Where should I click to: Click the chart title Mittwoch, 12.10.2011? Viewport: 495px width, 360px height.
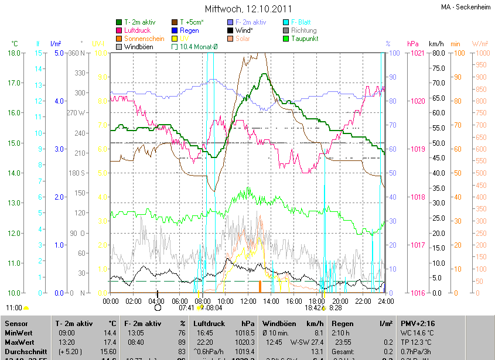click(x=247, y=9)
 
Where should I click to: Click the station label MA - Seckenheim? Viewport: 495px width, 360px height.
click(x=466, y=8)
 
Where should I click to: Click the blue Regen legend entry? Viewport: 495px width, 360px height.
click(x=189, y=30)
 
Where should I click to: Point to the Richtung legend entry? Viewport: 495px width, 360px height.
click(x=303, y=30)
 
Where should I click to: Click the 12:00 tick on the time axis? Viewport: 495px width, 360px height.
click(x=248, y=301)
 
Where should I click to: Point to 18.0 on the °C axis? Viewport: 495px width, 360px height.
click(x=12, y=53)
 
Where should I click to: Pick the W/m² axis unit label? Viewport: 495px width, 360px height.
click(x=479, y=44)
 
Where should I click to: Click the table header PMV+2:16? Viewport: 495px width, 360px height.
click(x=417, y=323)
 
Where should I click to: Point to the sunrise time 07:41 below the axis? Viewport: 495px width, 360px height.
click(x=186, y=307)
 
